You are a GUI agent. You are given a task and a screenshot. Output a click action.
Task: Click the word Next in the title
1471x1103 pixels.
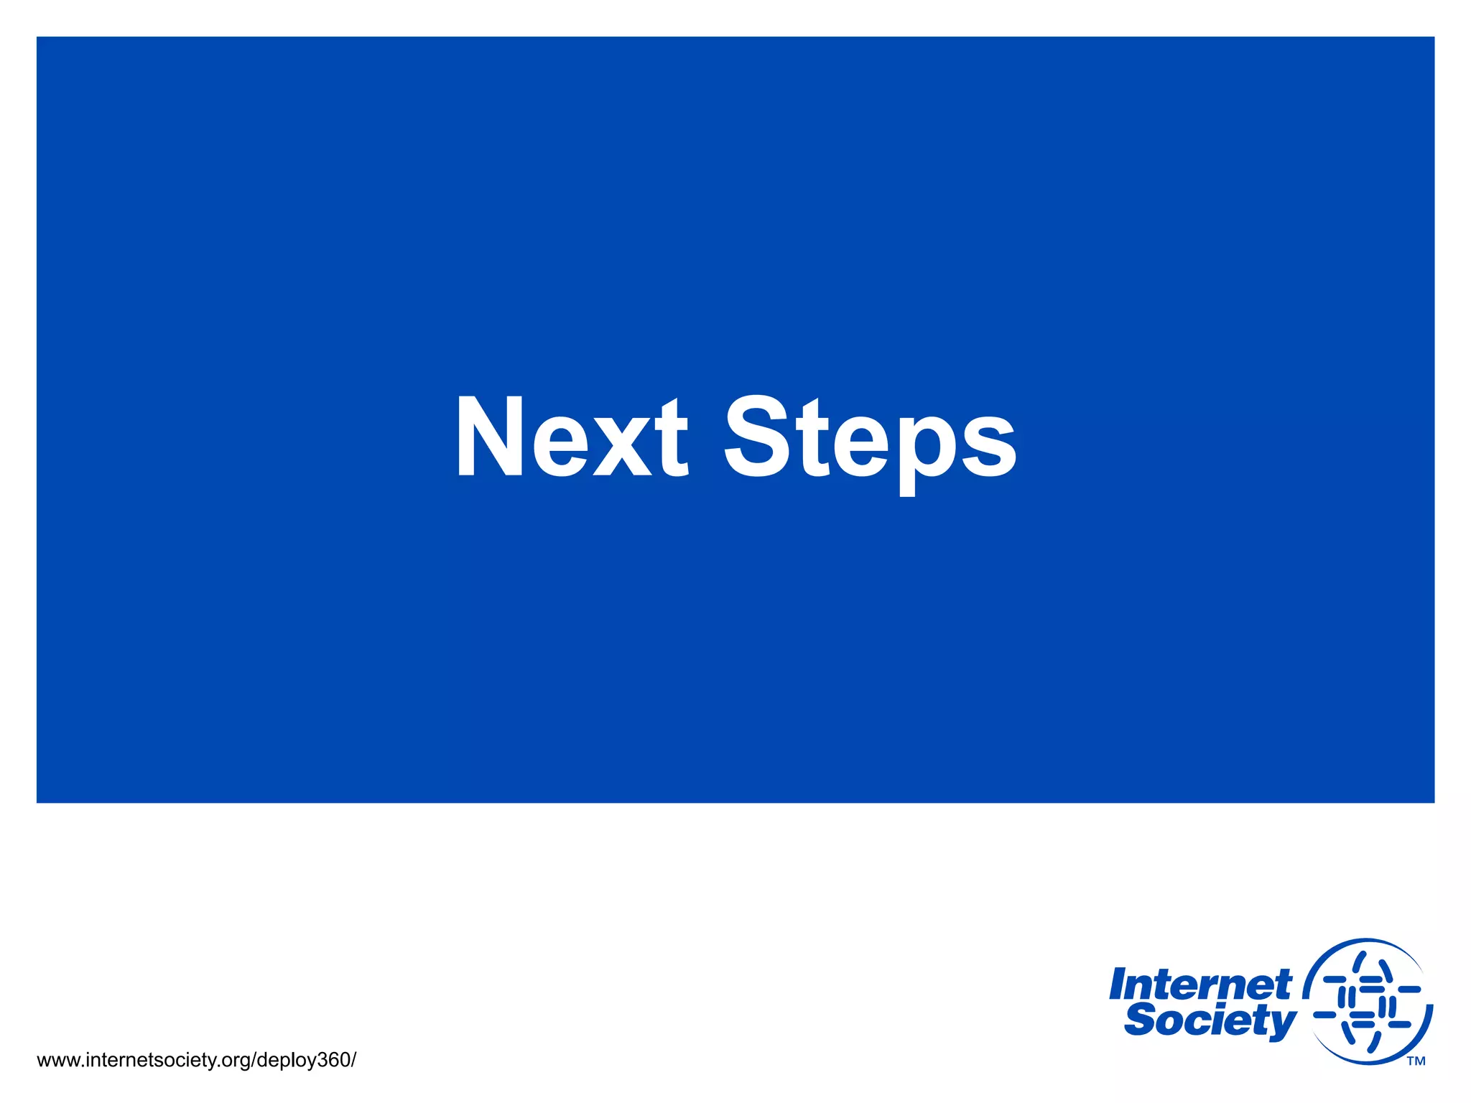point(572,437)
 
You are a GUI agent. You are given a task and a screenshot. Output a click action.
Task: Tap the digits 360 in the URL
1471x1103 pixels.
point(333,1060)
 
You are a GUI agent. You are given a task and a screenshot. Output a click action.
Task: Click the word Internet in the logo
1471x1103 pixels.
point(1199,985)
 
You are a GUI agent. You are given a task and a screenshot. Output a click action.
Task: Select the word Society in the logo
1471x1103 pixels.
point(1211,1021)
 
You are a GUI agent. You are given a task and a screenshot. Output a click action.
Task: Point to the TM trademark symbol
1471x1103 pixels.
point(1416,1061)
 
